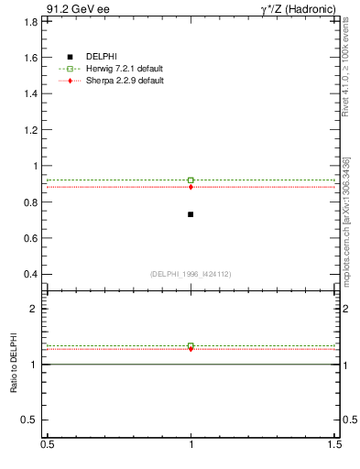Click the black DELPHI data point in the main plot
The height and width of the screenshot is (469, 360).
(191, 214)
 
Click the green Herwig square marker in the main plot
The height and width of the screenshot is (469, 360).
(191, 180)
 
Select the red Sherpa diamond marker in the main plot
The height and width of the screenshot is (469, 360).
(191, 187)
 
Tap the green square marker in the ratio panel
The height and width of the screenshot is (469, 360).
(191, 345)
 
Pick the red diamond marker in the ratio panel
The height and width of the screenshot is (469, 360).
(191, 349)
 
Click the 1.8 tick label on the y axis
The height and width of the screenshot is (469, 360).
(31, 21)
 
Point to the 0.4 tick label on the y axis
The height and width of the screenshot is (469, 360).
(31, 274)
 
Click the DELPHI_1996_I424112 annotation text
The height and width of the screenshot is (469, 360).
(191, 274)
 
